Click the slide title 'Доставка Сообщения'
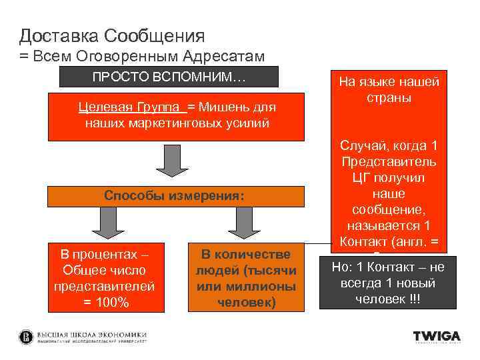pos(112,35)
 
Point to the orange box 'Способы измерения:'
pos(175,196)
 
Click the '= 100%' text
pos(105,303)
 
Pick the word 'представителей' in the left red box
pos(105,286)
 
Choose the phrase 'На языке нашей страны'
pos(389,89)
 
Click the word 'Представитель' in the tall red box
pos(389,161)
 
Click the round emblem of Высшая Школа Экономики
pos(26,336)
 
